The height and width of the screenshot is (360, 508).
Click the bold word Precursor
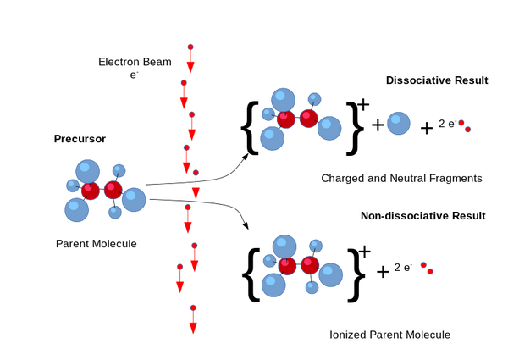pyautogui.click(x=80, y=139)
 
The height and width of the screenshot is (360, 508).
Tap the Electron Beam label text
pyautogui.click(x=135, y=62)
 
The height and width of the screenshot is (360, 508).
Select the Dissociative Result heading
pyautogui.click(x=437, y=80)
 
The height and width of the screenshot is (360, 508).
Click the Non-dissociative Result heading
pyautogui.click(x=423, y=216)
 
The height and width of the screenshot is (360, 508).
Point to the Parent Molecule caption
pyautogui.click(x=97, y=244)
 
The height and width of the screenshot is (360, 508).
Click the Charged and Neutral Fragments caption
pyautogui.click(x=401, y=178)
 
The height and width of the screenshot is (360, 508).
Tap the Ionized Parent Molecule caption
pyautogui.click(x=389, y=335)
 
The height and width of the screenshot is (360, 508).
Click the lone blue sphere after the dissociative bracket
pyautogui.click(x=399, y=123)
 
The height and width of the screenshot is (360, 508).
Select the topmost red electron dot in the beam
pyautogui.click(x=190, y=47)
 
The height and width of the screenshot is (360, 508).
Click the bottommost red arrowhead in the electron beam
pyautogui.click(x=193, y=329)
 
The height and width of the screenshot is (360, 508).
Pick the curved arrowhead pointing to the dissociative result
pyautogui.click(x=246, y=158)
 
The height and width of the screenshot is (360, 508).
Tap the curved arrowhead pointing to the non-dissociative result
pyautogui.click(x=246, y=225)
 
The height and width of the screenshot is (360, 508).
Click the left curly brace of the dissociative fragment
pyautogui.click(x=250, y=128)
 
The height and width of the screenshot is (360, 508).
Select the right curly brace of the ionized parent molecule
pyautogui.click(x=356, y=275)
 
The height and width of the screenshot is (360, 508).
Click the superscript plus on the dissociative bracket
pyautogui.click(x=363, y=105)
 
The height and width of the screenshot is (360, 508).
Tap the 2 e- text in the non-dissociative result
pyautogui.click(x=403, y=268)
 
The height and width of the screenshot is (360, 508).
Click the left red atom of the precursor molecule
pyautogui.click(x=90, y=191)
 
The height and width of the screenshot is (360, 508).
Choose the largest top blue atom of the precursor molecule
pyautogui.click(x=87, y=171)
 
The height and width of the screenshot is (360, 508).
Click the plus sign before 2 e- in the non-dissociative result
pyautogui.click(x=383, y=272)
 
